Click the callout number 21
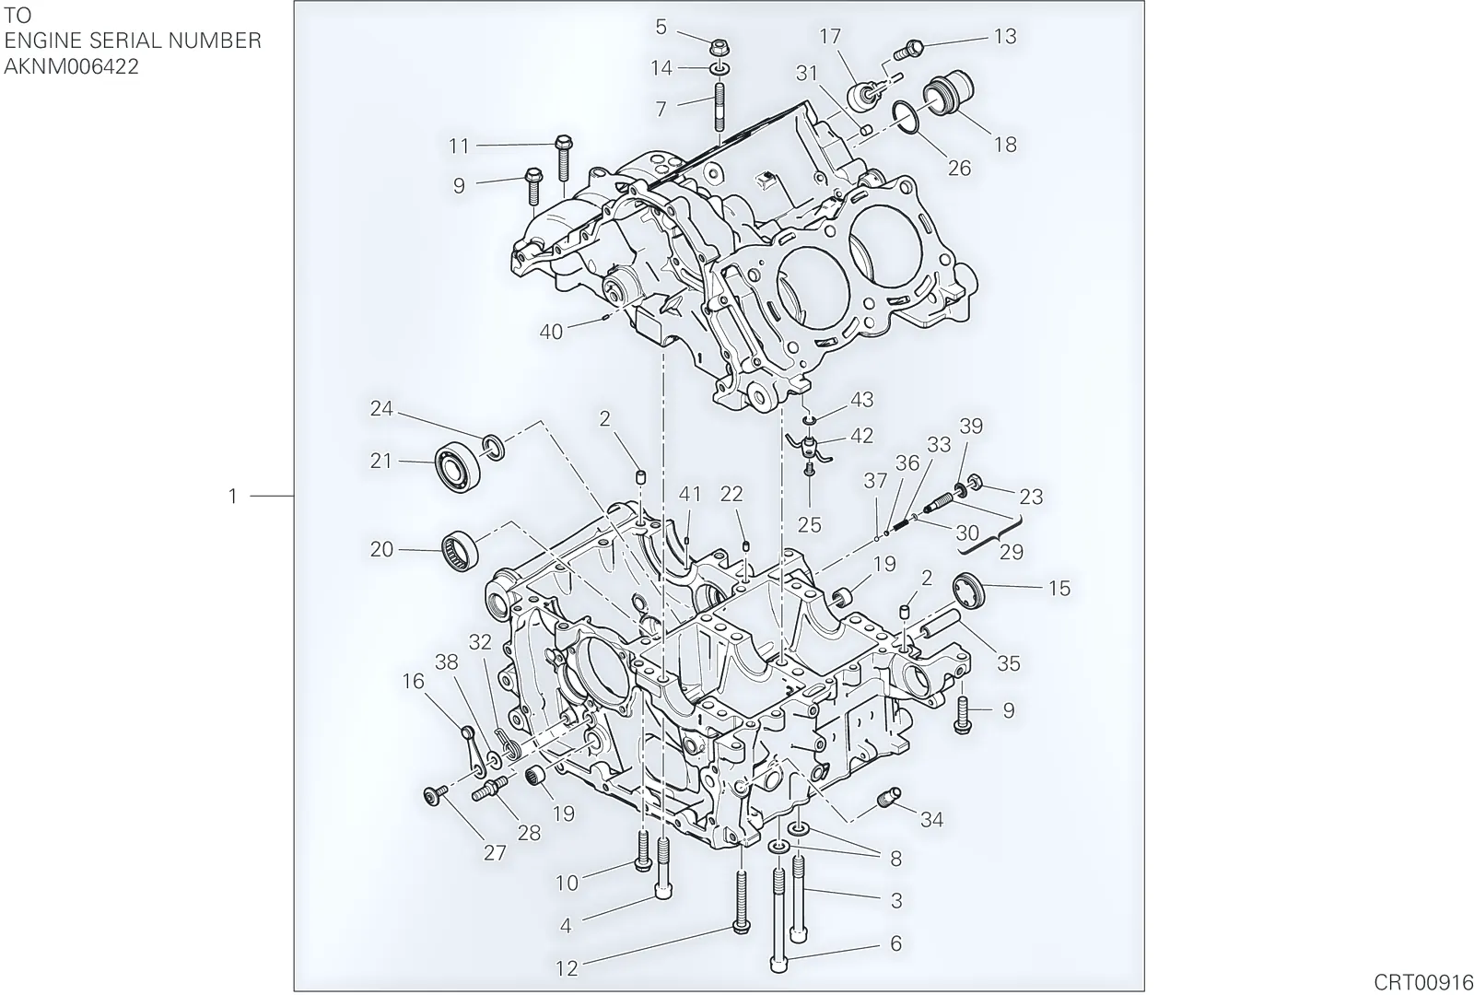pyautogui.click(x=381, y=462)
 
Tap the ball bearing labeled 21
pyautogui.click(x=458, y=467)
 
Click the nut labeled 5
pyautogui.click(x=719, y=47)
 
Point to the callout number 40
pyautogui.click(x=552, y=332)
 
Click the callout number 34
pyautogui.click(x=931, y=819)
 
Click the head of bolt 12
pyautogui.click(x=742, y=928)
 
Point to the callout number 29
pyautogui.click(x=1012, y=552)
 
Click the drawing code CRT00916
pyautogui.click(x=1422, y=982)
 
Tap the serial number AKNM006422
pyautogui.click(x=71, y=67)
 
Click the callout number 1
pyautogui.click(x=232, y=497)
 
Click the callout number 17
pyautogui.click(x=830, y=37)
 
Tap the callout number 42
pyautogui.click(x=862, y=436)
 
